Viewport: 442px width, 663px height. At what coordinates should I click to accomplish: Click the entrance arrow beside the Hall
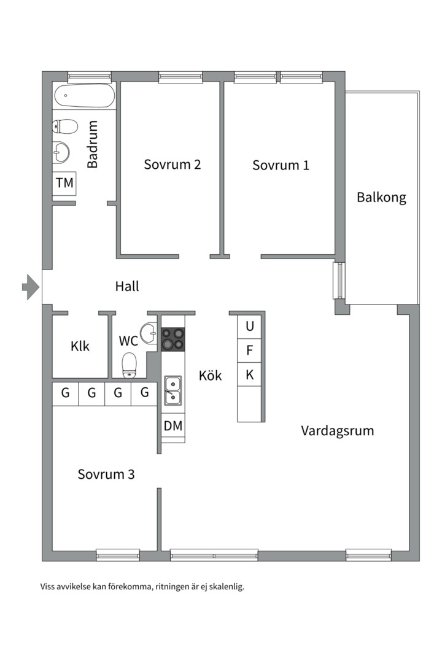pyautogui.click(x=30, y=287)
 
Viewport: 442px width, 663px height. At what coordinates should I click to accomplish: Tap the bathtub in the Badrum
pyautogui.click(x=84, y=96)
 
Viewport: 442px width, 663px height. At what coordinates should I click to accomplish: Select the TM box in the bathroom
pyautogui.click(x=64, y=183)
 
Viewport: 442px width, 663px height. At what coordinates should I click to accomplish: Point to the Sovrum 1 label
pyautogui.click(x=281, y=165)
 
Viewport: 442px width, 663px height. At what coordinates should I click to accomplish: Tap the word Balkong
pyautogui.click(x=381, y=198)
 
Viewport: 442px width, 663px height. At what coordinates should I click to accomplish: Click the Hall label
pyautogui.click(x=127, y=286)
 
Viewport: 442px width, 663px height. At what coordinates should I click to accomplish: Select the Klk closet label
pyautogui.click(x=80, y=346)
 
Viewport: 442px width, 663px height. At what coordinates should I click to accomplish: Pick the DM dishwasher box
pyautogui.click(x=173, y=425)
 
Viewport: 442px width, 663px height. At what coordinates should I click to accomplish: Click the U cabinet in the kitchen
pyautogui.click(x=250, y=326)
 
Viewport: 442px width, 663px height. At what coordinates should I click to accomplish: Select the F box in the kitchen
pyautogui.click(x=250, y=351)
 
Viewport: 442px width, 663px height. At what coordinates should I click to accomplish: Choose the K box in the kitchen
pyautogui.click(x=250, y=374)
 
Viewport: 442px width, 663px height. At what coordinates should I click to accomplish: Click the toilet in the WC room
pyautogui.click(x=130, y=365)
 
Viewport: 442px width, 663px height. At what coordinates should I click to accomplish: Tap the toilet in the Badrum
pyautogui.click(x=66, y=127)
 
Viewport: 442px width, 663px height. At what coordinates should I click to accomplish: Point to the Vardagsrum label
pyautogui.click(x=337, y=430)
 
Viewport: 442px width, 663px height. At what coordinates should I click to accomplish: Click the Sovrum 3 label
pyautogui.click(x=106, y=475)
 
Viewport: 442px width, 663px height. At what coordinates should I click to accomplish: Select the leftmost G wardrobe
pyautogui.click(x=65, y=394)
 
